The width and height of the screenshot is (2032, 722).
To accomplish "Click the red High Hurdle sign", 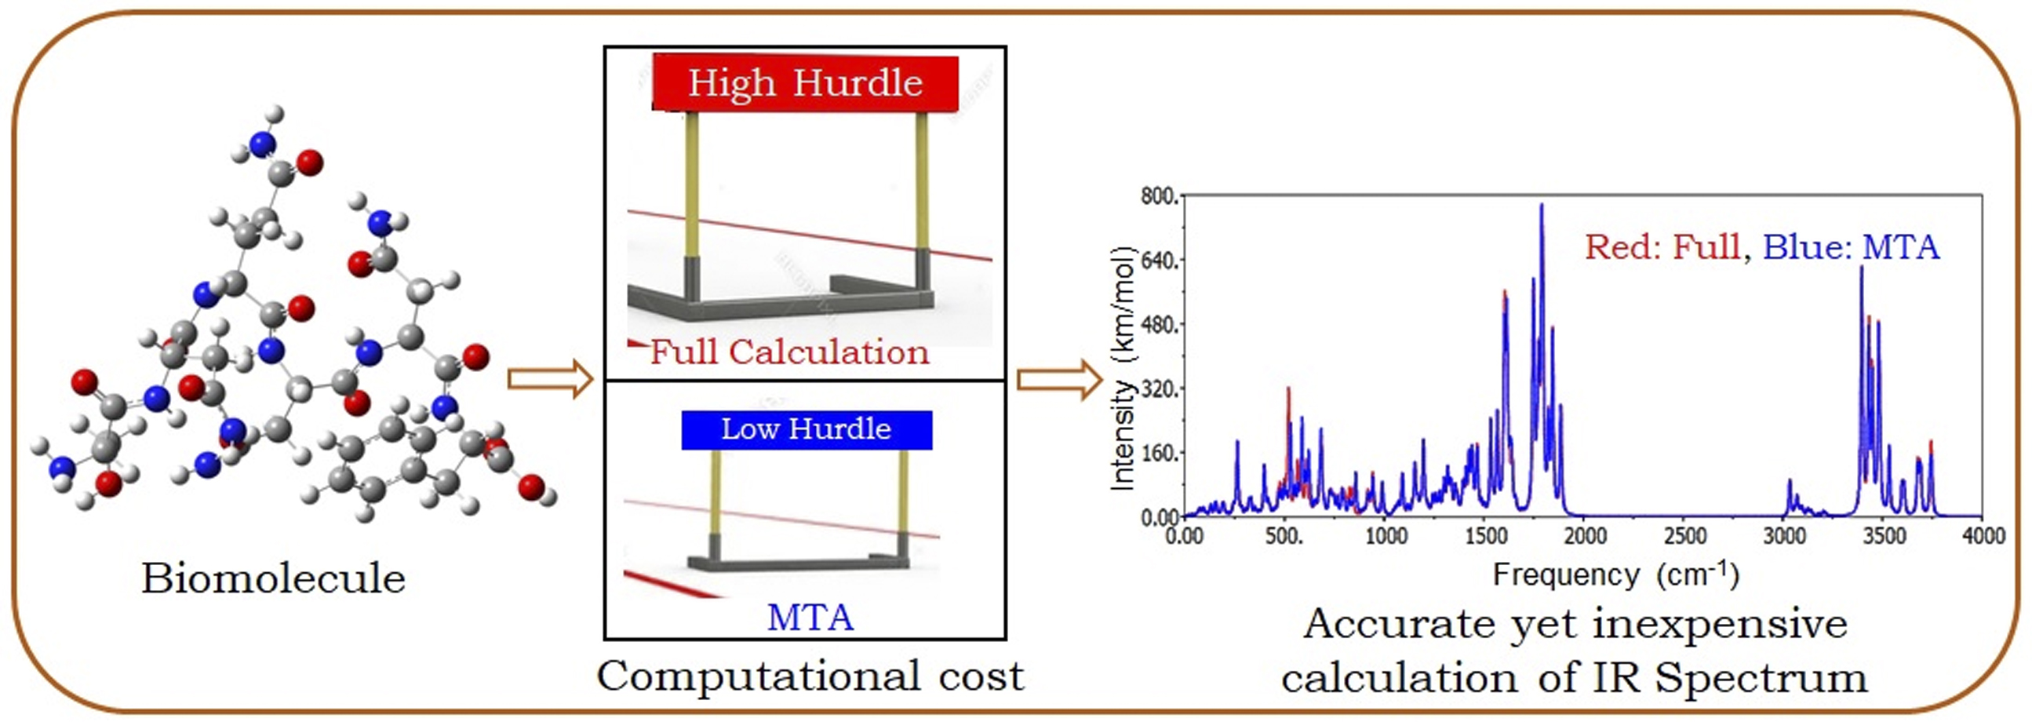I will [x=805, y=83].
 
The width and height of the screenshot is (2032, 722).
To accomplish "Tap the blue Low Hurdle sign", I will [x=807, y=430].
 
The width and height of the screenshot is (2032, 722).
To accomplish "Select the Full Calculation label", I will [x=788, y=352].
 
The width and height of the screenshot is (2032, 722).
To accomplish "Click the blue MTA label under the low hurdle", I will [x=810, y=617].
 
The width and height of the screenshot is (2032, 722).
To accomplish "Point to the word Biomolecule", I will [x=273, y=578].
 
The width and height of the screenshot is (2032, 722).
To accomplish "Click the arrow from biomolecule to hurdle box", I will [x=550, y=380].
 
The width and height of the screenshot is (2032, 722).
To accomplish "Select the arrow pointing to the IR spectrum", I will [x=1058, y=380].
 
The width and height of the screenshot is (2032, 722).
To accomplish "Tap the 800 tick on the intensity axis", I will [x=1160, y=196].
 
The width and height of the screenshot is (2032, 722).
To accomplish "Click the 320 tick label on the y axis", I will [x=1160, y=389].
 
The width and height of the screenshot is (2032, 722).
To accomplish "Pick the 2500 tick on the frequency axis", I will [x=1685, y=537].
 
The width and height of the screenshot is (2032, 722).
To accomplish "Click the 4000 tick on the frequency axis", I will [x=1983, y=537].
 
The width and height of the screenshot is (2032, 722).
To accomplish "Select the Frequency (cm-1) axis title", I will [x=1615, y=574].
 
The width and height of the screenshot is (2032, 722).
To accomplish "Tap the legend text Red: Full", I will [x=1662, y=247].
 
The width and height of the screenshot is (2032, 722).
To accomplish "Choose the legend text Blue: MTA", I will [x=1851, y=247].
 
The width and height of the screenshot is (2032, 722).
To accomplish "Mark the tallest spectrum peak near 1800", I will [x=1542, y=206].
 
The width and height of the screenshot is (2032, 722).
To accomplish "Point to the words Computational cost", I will [x=810, y=676].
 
